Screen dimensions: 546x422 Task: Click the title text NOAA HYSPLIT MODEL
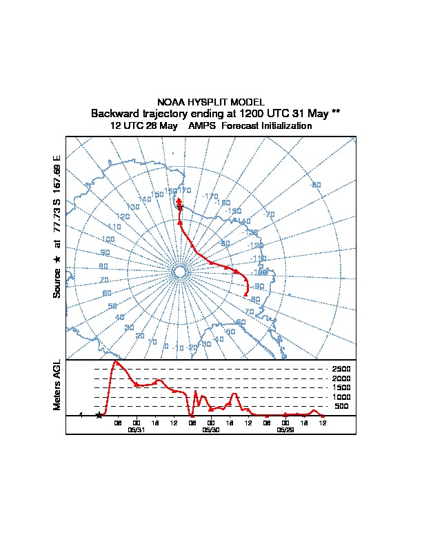pyautogui.click(x=211, y=102)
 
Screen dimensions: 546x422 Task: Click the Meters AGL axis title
pyautogui.click(x=57, y=385)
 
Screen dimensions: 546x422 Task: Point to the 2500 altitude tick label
pyautogui.click(x=341, y=370)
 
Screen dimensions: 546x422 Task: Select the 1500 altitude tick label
pyautogui.click(x=341, y=388)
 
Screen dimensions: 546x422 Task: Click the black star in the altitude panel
pyautogui.click(x=99, y=416)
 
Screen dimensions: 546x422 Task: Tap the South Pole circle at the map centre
pyautogui.click(x=179, y=272)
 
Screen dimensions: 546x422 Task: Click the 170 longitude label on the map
pyautogui.click(x=184, y=190)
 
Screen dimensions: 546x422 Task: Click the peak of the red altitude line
pyautogui.click(x=115, y=361)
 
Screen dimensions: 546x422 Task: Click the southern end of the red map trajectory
pyautogui.click(x=245, y=296)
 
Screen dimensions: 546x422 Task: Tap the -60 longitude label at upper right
pyautogui.click(x=316, y=185)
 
